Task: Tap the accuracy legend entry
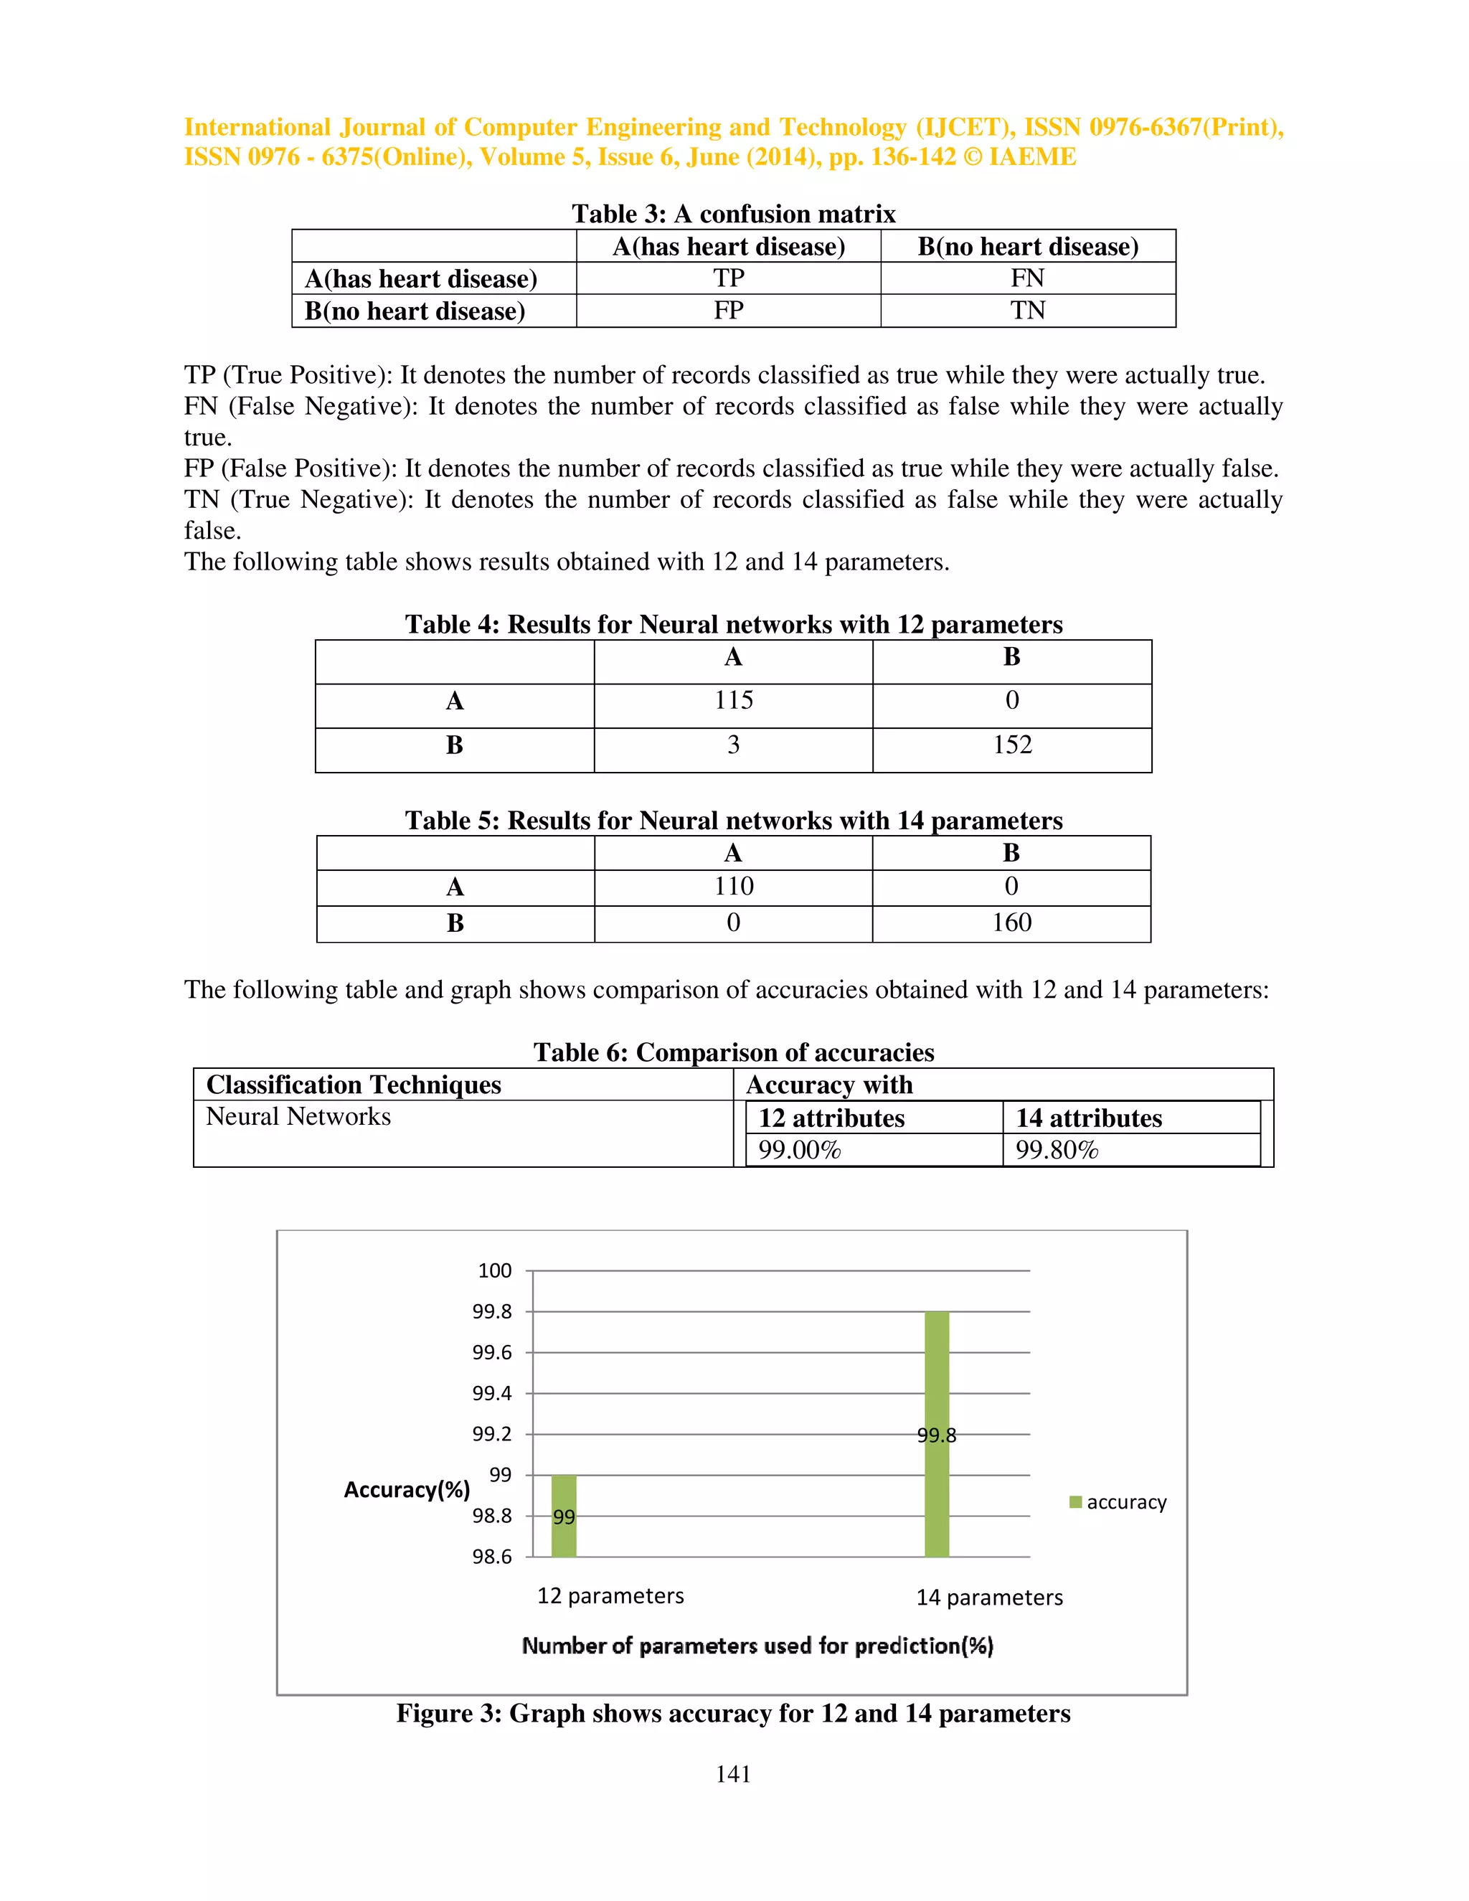coord(1118,1502)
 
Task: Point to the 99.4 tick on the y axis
coord(493,1394)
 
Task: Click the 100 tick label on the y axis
coord(494,1271)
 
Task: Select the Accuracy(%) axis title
coord(407,1489)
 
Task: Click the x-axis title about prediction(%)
coord(757,1645)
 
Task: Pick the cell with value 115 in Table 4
coord(734,701)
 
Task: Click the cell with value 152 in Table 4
coord(1012,745)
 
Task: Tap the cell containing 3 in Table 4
coord(734,745)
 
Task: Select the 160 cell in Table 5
coord(1011,923)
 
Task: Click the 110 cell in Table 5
coord(734,887)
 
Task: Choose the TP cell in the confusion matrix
coord(729,278)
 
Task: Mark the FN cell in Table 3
coord(1028,278)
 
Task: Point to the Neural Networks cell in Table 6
coord(298,1117)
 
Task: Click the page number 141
coord(733,1774)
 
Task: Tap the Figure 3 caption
coord(733,1713)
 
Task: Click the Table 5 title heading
coord(734,821)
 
